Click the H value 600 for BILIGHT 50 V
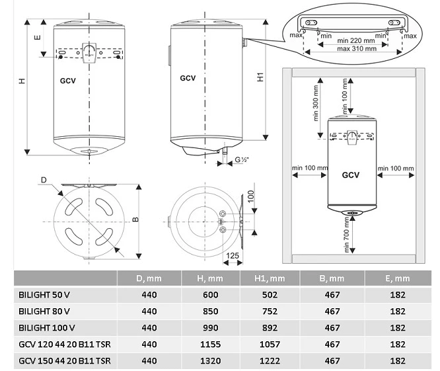tap(211, 295)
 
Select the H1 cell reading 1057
tap(270, 345)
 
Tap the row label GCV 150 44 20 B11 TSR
tap(65, 360)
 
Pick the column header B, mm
tap(332, 278)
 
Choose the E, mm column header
tap(398, 278)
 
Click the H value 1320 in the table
tap(211, 360)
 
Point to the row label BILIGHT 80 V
tap(44, 311)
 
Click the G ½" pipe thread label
tap(242, 160)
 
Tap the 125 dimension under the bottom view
tap(233, 255)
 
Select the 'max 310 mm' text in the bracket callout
tap(357, 48)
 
